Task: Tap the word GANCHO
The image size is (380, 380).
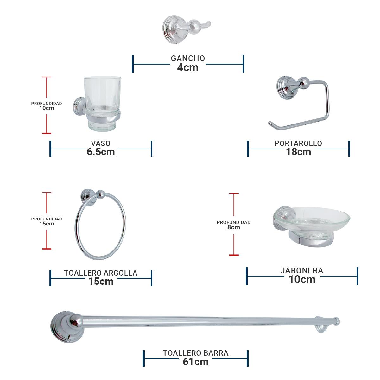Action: coord(188,59)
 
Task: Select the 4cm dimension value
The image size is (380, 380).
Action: coord(188,67)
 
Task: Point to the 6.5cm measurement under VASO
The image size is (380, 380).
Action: coord(101,152)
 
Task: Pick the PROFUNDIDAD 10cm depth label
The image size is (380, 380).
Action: coord(47,106)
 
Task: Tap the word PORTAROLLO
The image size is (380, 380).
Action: coord(298,143)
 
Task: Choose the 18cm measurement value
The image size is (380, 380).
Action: coord(298,152)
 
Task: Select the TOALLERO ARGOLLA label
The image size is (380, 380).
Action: coord(101,273)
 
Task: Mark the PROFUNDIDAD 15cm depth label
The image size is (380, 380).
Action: coord(47,221)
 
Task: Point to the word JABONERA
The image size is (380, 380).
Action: coord(302,271)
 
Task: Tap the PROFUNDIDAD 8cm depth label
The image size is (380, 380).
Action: coord(234,225)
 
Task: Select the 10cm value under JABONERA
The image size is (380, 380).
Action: coord(302,280)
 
